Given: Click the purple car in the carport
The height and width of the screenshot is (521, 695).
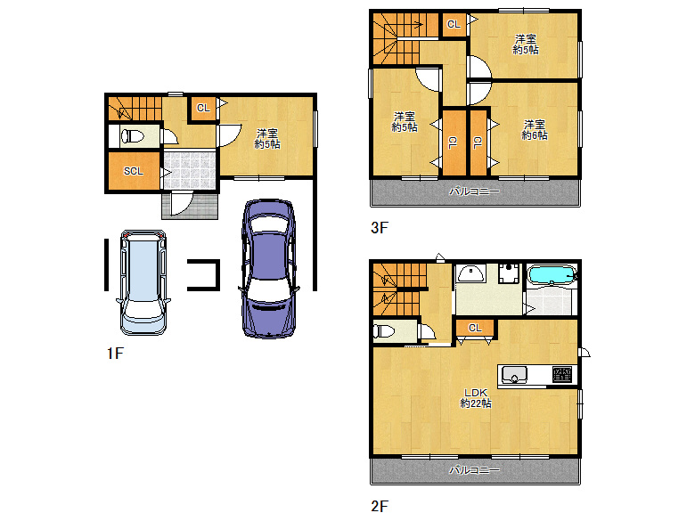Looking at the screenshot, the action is (268, 268).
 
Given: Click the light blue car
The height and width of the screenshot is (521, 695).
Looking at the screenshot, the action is (143, 281).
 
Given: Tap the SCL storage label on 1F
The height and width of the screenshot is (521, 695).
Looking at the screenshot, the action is (134, 171).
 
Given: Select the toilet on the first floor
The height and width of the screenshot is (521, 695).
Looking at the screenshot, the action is (132, 135).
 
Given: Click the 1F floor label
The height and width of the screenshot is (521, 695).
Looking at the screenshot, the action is (115, 353).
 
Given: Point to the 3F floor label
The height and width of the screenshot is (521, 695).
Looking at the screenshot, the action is (379, 228).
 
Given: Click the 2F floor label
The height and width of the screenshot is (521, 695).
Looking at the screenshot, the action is (380, 506).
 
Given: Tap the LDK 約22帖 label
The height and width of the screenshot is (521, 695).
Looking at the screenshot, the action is (476, 398).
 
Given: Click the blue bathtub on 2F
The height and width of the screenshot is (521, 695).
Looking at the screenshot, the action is (552, 274).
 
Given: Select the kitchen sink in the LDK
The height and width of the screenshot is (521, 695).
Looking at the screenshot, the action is (514, 375).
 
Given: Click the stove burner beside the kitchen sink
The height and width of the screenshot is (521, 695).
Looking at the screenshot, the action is (562, 374).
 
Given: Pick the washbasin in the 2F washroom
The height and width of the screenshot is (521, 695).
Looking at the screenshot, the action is (471, 273).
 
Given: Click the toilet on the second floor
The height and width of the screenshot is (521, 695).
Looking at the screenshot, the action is (384, 331).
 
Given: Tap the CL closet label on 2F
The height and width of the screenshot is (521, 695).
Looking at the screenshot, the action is (475, 328).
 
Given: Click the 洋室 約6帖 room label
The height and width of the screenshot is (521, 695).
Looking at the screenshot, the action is (534, 130).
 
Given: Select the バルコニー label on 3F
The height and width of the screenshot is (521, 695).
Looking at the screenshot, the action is (474, 191).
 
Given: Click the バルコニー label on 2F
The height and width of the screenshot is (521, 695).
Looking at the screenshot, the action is (474, 469).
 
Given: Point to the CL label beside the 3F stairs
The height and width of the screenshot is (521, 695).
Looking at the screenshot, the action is (454, 24).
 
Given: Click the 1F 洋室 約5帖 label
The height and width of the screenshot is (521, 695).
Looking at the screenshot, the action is (267, 139).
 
